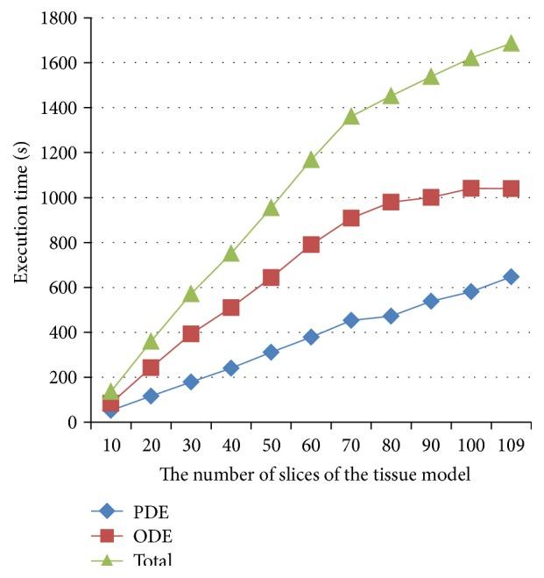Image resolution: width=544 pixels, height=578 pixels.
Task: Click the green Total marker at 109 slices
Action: click(511, 43)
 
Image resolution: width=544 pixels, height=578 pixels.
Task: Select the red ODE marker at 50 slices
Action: click(271, 278)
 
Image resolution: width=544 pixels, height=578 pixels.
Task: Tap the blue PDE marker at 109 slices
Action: click(511, 277)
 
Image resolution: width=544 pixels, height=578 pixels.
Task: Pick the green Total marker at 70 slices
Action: click(351, 116)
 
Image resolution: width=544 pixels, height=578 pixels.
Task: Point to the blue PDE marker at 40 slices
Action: click(230, 368)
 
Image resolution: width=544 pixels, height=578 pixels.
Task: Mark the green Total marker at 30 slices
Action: click(191, 294)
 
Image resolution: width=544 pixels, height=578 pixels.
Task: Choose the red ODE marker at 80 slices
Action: click(391, 202)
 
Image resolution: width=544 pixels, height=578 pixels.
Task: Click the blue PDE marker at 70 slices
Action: click(351, 320)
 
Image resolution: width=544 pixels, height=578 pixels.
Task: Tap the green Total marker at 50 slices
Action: click(271, 208)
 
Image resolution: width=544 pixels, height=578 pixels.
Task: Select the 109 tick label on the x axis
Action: click(511, 445)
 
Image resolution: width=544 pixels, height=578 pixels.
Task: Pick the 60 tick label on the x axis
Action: click(311, 445)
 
